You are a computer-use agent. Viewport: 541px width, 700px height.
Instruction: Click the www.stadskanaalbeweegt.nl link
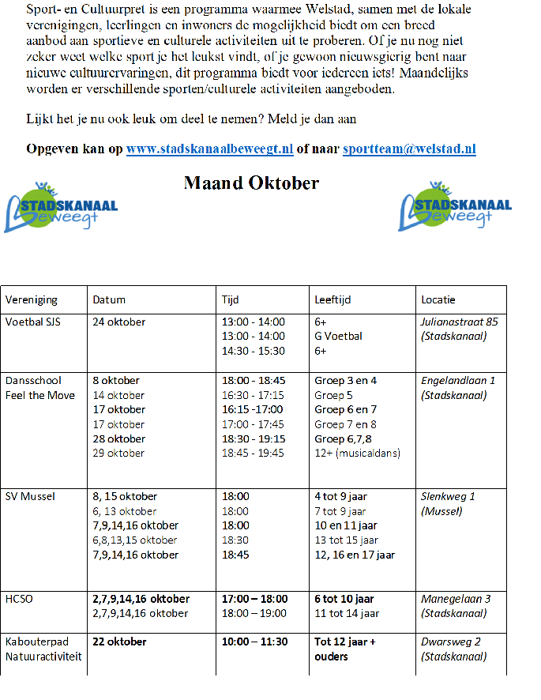click(209, 149)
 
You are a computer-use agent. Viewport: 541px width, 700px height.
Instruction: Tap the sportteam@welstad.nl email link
click(409, 149)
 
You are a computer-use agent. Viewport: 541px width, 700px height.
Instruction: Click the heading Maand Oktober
click(251, 183)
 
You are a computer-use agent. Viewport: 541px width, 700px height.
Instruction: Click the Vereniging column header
click(32, 300)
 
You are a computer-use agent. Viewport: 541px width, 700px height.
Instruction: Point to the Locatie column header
click(438, 300)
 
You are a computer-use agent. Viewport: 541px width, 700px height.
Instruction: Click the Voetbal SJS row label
click(33, 322)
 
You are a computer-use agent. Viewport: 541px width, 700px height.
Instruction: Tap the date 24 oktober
click(119, 322)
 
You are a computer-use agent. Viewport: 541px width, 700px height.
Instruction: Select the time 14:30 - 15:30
click(254, 351)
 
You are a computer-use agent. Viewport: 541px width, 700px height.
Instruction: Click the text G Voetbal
click(339, 336)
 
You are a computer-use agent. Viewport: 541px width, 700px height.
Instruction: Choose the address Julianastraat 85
click(460, 322)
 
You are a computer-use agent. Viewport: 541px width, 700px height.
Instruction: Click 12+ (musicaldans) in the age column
click(357, 453)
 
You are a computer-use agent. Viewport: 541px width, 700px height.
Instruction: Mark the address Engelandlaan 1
click(458, 380)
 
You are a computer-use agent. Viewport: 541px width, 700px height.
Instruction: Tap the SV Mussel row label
click(31, 496)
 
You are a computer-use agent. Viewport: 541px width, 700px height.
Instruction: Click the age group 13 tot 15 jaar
click(351, 540)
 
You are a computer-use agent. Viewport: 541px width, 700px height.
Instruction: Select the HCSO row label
click(20, 599)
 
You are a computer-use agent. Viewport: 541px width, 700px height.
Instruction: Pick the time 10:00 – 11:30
click(254, 642)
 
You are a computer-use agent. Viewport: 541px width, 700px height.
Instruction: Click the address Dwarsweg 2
click(451, 642)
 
